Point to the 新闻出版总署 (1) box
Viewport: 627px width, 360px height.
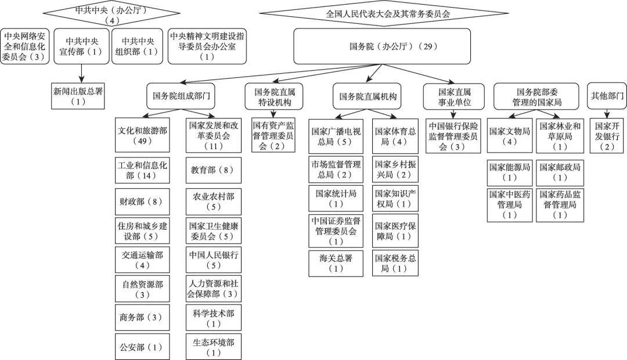77,96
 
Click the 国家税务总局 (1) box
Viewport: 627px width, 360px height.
395,263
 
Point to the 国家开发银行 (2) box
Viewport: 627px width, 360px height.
607,136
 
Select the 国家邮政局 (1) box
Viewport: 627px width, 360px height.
560,172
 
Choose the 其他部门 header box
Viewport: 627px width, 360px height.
607,96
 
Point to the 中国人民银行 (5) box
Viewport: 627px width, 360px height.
214,260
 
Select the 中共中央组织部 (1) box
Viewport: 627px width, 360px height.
138,46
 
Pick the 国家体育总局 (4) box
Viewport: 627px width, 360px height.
395,136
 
